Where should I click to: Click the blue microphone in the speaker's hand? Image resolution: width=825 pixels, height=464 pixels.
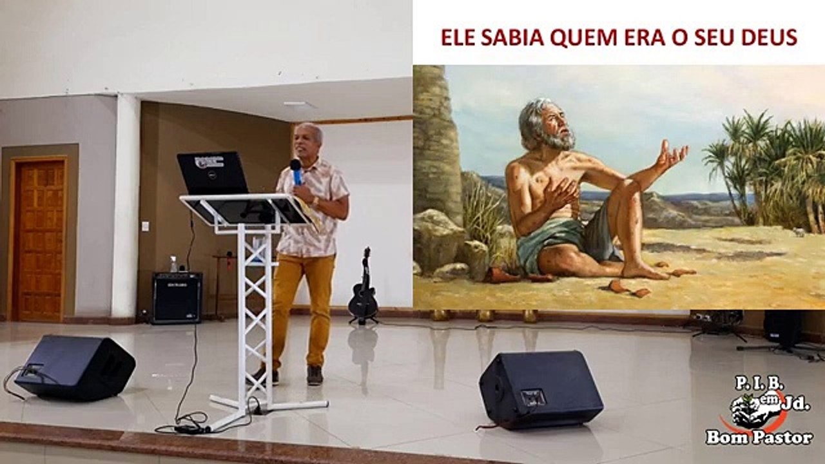(x=296, y=171)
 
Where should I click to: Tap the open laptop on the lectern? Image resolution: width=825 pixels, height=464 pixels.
(x=213, y=173)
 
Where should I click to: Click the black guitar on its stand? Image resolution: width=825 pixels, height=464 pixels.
(x=363, y=287)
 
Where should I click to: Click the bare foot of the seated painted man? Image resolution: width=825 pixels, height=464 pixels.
(x=645, y=272)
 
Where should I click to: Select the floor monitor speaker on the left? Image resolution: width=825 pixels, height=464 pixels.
(x=75, y=367)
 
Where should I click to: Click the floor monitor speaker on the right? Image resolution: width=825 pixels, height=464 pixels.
(x=541, y=390)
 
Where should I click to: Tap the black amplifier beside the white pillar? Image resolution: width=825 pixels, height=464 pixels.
(x=177, y=298)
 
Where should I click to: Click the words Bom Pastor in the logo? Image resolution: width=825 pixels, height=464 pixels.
(x=759, y=438)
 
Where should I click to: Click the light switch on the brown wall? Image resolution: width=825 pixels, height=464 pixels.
(x=146, y=226)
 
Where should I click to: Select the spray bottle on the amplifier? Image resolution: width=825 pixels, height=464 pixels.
(x=173, y=264)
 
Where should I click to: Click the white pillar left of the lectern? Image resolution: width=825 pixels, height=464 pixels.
(x=126, y=206)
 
